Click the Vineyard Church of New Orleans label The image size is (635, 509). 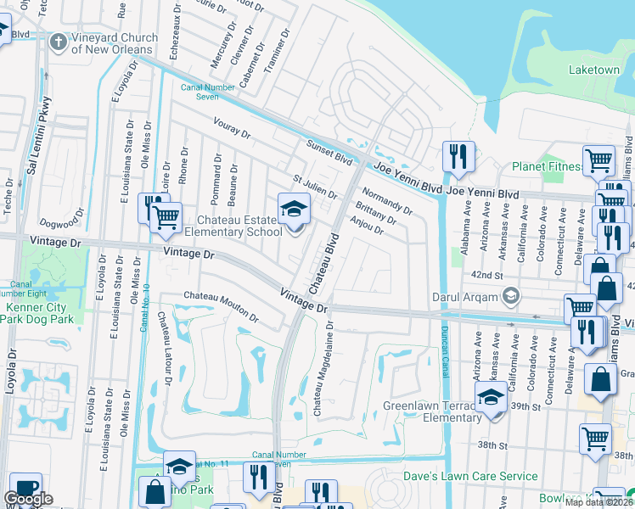click(x=115, y=43)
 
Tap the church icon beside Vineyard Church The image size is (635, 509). click(x=59, y=41)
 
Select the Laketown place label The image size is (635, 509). click(x=593, y=70)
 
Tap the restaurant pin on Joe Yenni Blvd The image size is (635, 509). click(x=458, y=156)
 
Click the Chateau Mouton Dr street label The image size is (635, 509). click(x=221, y=306)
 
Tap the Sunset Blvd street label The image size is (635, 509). click(x=329, y=152)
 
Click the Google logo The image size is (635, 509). click(x=28, y=499)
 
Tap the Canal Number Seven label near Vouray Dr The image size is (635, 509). click(x=200, y=91)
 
